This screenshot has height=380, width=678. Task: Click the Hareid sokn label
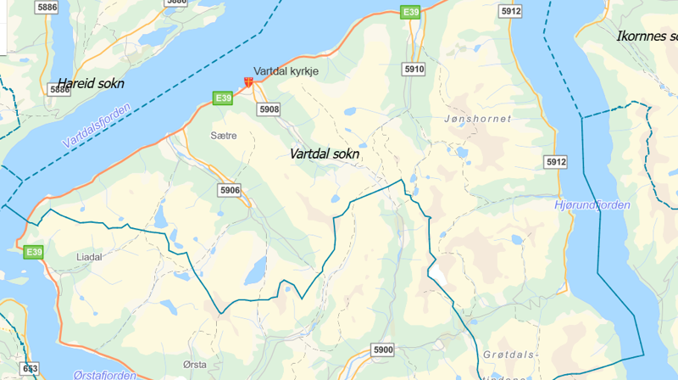(x=90, y=83)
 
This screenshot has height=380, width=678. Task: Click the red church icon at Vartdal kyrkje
(x=248, y=82)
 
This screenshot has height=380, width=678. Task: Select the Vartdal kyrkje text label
(x=286, y=72)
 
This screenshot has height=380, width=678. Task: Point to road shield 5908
(x=269, y=109)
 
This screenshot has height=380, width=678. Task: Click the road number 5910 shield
(x=414, y=68)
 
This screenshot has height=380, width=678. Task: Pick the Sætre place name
(x=224, y=135)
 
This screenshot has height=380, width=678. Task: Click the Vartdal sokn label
(x=324, y=154)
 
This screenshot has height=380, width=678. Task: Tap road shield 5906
(x=229, y=190)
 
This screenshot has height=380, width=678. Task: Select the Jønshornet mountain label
(x=478, y=119)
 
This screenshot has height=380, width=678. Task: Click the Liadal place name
(x=89, y=255)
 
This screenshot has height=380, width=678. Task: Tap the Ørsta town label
(x=194, y=364)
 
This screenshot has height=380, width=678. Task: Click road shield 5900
(x=383, y=349)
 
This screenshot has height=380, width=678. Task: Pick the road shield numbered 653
(x=31, y=368)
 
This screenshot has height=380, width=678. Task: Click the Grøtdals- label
(x=509, y=354)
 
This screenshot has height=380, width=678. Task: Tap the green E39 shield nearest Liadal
(x=34, y=252)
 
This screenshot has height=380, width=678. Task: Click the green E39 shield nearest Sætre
(x=223, y=98)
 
